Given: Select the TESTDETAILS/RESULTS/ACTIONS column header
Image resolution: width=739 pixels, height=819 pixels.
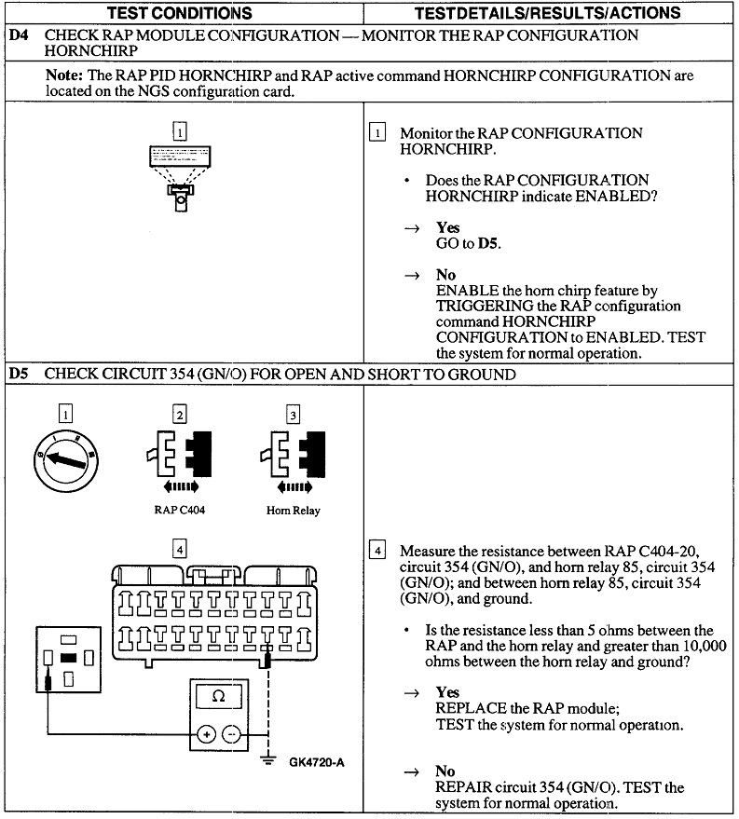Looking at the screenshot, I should [x=548, y=13].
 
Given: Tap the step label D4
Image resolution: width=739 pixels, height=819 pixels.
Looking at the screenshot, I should [x=19, y=35].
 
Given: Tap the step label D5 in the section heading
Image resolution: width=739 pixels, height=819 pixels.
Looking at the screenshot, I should [x=19, y=375].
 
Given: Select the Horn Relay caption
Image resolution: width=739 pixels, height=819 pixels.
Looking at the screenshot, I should [x=293, y=510].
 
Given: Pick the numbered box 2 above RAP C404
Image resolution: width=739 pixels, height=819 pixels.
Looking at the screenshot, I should [x=179, y=415].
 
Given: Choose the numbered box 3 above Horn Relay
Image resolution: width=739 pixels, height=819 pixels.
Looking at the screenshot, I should [x=293, y=415].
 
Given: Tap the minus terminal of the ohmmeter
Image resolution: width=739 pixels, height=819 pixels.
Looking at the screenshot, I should [x=232, y=734].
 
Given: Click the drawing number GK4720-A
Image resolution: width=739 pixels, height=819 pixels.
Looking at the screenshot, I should [x=317, y=762].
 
